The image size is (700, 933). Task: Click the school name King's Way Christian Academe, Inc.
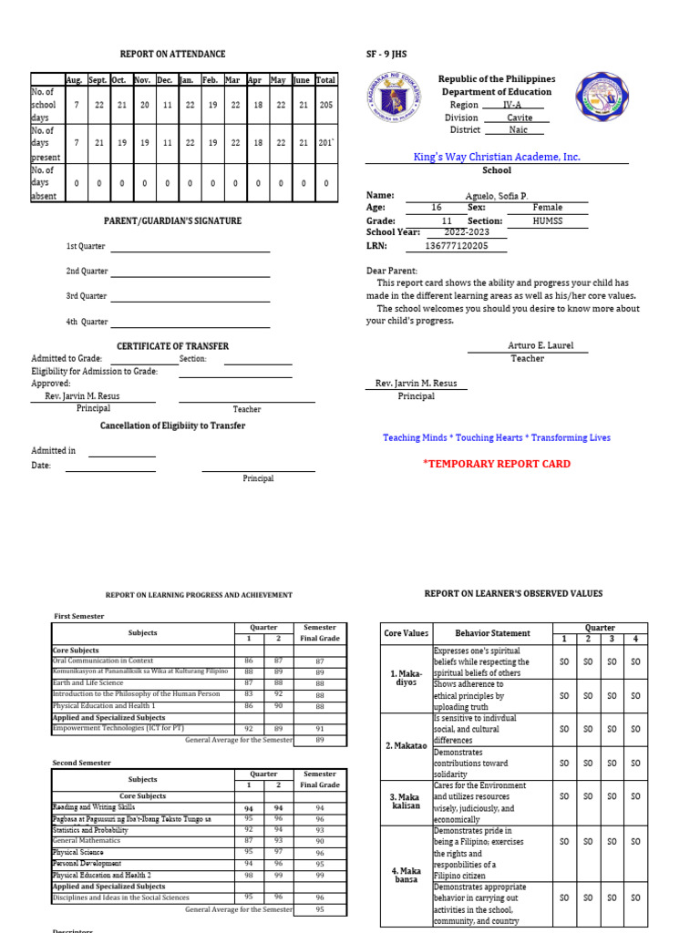coord(496,157)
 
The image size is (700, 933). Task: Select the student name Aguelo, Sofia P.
coord(496,195)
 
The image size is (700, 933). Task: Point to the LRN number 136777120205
coord(457,246)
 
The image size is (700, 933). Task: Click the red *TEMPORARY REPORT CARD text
coord(497,464)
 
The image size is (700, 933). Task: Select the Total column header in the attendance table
coord(325,80)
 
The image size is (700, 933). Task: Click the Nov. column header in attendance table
coord(142,80)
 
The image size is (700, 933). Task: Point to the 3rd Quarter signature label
coord(86,296)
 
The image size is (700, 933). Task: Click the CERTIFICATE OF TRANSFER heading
coord(172,346)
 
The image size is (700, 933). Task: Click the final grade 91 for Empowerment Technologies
coord(319,728)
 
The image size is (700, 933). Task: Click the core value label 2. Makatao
coord(407,745)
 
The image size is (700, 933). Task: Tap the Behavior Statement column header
coord(493,633)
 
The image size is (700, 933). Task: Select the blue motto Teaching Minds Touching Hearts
coord(497,438)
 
